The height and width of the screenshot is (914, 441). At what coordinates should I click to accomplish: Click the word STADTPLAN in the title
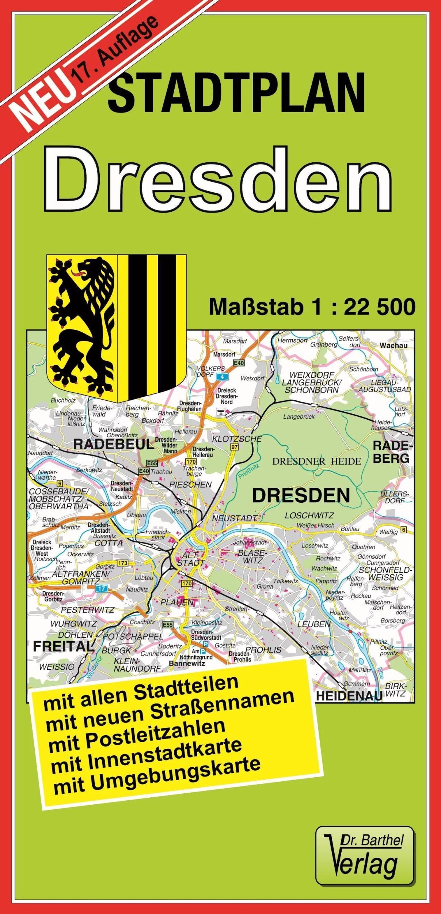coord(236,93)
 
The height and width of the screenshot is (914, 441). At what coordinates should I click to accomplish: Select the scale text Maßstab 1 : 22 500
coord(312,307)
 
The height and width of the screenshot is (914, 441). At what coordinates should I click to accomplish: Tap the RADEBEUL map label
coord(114,445)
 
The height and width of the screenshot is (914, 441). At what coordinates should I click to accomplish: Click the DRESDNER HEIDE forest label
coord(316,461)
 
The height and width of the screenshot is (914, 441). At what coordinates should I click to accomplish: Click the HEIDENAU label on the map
coord(348,696)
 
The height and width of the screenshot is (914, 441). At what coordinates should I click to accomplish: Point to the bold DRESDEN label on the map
coord(301,496)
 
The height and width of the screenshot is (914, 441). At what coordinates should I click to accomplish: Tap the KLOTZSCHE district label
coord(237,439)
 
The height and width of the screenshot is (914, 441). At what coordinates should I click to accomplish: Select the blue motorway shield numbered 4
coord(221,377)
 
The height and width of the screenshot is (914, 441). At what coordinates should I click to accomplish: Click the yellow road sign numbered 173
coord(122,563)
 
